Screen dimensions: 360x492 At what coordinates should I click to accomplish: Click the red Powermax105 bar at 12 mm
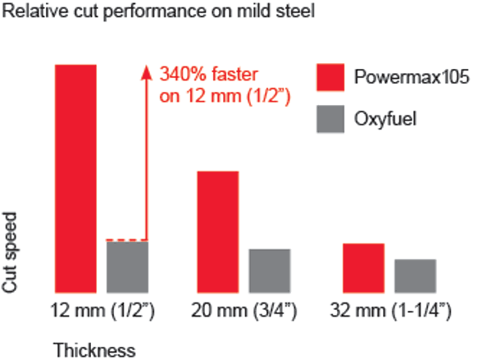click(75, 177)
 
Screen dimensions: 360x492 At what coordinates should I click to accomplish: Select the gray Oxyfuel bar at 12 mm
click(127, 267)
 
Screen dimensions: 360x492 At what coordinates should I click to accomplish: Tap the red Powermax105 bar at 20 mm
click(217, 230)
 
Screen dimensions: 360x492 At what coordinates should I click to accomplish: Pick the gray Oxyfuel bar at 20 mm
click(270, 270)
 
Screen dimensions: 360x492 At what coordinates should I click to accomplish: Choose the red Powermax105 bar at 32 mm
click(363, 267)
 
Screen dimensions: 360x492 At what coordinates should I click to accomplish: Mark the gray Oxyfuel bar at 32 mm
click(415, 275)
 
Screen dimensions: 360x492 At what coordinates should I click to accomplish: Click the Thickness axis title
click(94, 350)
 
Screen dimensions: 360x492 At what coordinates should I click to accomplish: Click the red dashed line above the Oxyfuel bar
click(127, 239)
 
